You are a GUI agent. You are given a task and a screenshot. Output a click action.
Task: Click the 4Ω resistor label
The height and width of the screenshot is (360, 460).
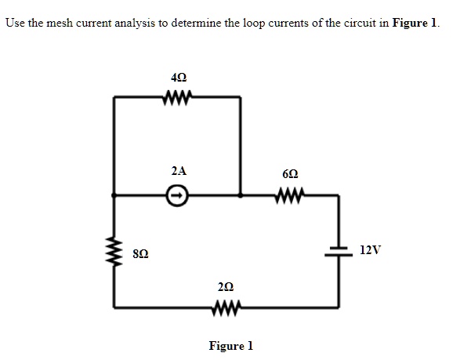pyautogui.click(x=179, y=78)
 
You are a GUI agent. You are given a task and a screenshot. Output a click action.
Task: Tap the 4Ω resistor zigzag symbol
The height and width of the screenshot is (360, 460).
pyautogui.click(x=177, y=96)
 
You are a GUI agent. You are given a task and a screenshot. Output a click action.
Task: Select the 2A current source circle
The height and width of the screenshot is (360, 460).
pyautogui.click(x=177, y=195)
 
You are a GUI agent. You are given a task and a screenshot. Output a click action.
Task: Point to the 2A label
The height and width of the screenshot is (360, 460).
pyautogui.click(x=179, y=171)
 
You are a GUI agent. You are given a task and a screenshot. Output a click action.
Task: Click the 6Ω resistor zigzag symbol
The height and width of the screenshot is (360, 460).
pyautogui.click(x=290, y=195)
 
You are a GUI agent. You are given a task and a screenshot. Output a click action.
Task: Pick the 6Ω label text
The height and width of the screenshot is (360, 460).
pyautogui.click(x=291, y=174)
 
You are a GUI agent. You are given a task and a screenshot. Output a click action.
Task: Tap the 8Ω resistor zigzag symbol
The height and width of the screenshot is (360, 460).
pyautogui.click(x=114, y=251)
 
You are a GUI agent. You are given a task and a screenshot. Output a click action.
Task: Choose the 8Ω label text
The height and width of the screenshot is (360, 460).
pyautogui.click(x=140, y=253)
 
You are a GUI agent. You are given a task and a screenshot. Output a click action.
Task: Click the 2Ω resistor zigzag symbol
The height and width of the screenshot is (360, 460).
pyautogui.click(x=226, y=307)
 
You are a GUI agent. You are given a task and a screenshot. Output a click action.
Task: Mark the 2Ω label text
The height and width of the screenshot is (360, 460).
pyautogui.click(x=226, y=286)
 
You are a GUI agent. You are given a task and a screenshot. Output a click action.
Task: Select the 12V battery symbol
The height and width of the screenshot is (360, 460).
pyautogui.click(x=339, y=252)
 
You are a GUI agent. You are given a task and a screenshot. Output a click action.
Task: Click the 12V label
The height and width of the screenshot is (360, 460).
pyautogui.click(x=370, y=250)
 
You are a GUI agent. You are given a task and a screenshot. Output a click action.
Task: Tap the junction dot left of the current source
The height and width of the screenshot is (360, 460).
pyautogui.click(x=114, y=195)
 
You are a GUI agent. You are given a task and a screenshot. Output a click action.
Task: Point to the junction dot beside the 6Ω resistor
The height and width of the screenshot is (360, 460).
pyautogui.click(x=241, y=195)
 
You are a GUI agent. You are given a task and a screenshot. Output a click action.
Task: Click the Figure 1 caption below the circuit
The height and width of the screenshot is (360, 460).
pyautogui.click(x=231, y=346)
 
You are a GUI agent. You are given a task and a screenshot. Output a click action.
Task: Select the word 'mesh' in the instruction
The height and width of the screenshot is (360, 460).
pyautogui.click(x=60, y=23)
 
